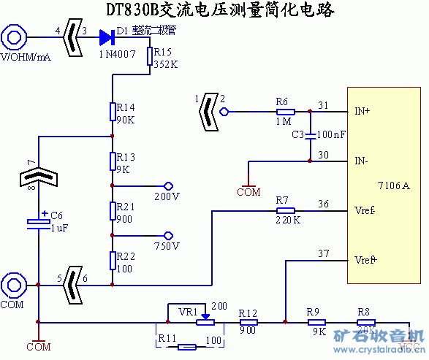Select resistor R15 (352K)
tap(149, 55)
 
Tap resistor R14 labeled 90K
tap(112, 111)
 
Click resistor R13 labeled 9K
tap(112, 160)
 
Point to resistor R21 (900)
tap(112, 210)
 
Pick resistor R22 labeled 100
tap(112, 260)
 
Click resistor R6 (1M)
tap(284, 112)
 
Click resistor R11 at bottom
tap(187, 346)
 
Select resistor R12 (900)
tap(248, 321)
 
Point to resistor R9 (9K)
tap(316, 321)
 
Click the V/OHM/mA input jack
tap(14, 37)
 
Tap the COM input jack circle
tap(14, 284)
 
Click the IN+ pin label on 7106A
tap(362, 111)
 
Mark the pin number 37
tap(324, 253)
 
